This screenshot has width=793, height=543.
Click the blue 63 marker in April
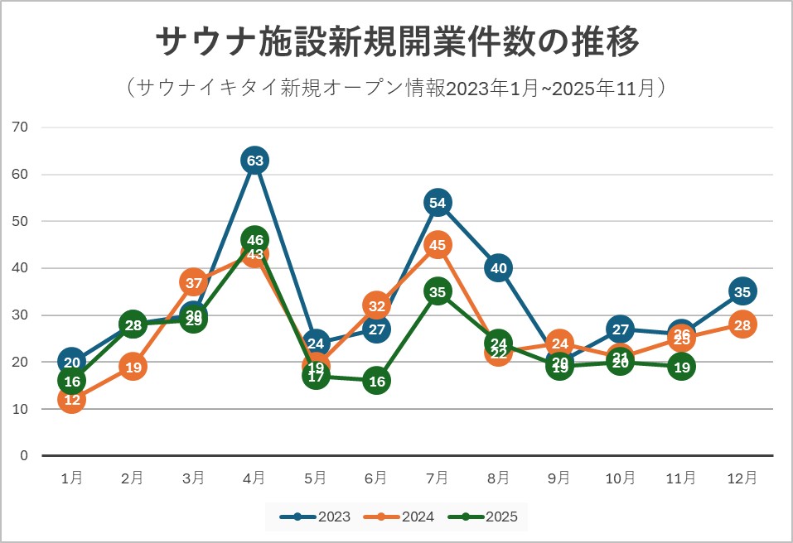coord(254,161)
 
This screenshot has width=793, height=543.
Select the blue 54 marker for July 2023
coord(438,203)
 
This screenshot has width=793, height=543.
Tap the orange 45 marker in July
coord(438,245)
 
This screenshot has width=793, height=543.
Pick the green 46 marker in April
coord(254,240)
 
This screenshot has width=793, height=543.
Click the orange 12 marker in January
coord(72,400)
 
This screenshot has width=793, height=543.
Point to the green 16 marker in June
coord(376,381)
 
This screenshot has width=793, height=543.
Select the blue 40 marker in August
coord(498,268)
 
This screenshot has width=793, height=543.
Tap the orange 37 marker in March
coord(193,282)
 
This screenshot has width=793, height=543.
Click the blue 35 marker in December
coord(742,291)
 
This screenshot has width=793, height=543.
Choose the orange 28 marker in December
coord(742,324)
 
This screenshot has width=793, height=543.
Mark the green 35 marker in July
coord(438,291)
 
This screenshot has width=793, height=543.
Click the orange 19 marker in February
coord(133,367)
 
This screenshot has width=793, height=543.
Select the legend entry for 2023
coord(315,517)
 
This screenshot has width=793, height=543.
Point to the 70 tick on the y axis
coord(21,127)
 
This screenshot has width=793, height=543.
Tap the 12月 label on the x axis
coord(742,478)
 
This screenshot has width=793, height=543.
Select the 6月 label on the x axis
coord(376,478)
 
